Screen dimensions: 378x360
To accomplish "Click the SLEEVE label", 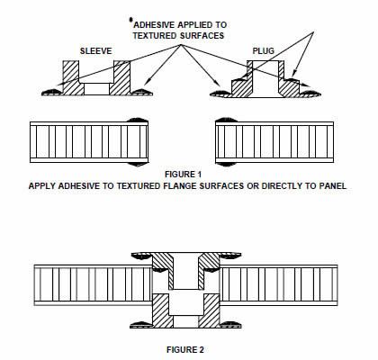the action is point(95,50).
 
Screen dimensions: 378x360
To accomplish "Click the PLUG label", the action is point(264,50).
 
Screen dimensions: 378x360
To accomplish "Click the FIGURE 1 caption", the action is point(183,174).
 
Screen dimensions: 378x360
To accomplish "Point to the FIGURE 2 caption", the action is point(185,349).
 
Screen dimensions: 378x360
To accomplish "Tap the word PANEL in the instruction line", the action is point(332,185).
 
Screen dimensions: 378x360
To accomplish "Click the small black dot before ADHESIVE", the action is point(130,20).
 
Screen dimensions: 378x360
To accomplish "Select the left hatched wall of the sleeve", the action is point(72,77).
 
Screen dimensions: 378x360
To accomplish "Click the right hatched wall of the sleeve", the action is point(121,77).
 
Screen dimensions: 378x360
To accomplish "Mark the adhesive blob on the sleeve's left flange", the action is point(51,93).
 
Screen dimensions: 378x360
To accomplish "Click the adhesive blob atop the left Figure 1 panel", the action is point(138,120).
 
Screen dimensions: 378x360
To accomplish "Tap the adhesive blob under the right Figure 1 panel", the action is point(226,164).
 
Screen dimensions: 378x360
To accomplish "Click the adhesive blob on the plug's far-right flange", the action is point(310,94).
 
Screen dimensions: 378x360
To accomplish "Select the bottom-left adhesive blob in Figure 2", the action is point(140,324).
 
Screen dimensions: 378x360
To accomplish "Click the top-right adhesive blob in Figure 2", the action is point(229,256).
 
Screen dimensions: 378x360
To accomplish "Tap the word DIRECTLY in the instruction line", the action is point(283,185).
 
